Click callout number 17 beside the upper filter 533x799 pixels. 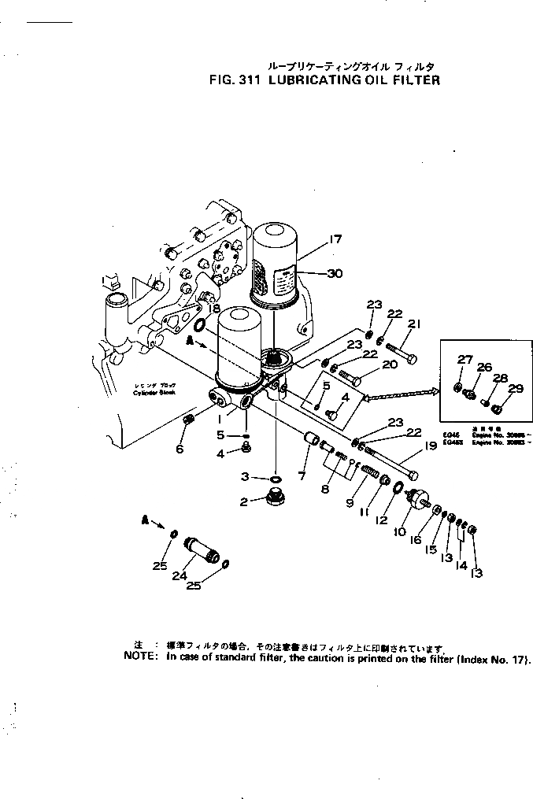[336, 239]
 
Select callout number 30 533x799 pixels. [335, 274]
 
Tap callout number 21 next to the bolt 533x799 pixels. [415, 323]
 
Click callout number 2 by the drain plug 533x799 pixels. [244, 501]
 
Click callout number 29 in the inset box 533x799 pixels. [515, 388]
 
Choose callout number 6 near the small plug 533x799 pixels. [180, 449]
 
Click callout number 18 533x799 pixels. [215, 309]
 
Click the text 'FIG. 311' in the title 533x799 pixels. [237, 80]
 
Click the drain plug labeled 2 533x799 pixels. [276, 498]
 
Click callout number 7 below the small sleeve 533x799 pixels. [300, 475]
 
